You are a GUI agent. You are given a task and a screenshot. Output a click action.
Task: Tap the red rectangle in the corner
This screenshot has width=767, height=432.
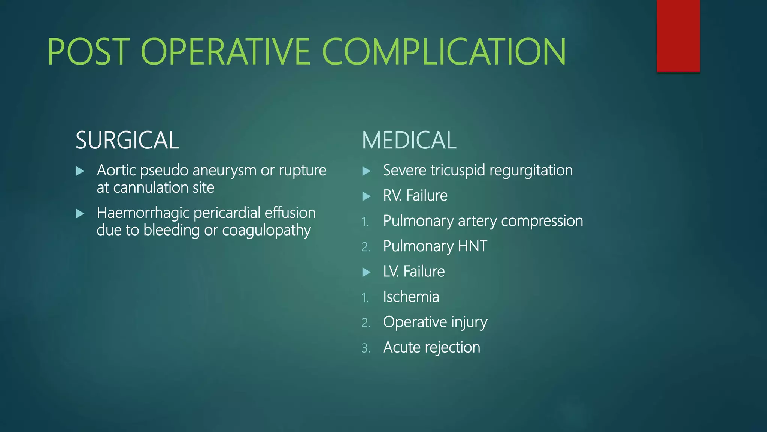pyautogui.click(x=678, y=36)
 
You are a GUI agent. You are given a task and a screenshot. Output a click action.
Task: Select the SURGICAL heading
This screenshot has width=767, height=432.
pyautogui.click(x=127, y=140)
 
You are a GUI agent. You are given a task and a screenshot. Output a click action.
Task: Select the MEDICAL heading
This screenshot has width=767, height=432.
pyautogui.click(x=409, y=140)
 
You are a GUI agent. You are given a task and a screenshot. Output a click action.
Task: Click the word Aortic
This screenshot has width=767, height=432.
pyautogui.click(x=116, y=171)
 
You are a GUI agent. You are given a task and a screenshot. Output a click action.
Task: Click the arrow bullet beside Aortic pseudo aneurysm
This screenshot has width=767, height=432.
pyautogui.click(x=80, y=171)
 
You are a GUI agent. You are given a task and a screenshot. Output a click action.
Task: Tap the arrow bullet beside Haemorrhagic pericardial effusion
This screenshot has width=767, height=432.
pyautogui.click(x=80, y=214)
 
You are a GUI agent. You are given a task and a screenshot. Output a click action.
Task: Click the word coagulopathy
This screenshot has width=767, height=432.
pyautogui.click(x=266, y=231)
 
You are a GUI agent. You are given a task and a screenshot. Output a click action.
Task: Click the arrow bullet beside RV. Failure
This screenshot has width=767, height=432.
pyautogui.click(x=367, y=196)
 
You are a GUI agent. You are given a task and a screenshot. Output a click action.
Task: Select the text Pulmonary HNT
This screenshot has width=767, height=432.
pyautogui.click(x=435, y=246)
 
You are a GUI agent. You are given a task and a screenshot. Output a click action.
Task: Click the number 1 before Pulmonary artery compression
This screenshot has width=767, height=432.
pyautogui.click(x=365, y=222)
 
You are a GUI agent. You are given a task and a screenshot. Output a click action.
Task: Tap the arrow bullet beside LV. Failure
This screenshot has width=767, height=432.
pyautogui.click(x=367, y=272)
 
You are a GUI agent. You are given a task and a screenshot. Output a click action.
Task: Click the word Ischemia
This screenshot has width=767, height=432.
pyautogui.click(x=411, y=297)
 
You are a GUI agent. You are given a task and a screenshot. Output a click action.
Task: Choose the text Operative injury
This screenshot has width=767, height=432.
pyautogui.click(x=435, y=322)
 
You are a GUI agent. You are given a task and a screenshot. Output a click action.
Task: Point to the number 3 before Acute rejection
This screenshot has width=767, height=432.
pyautogui.click(x=366, y=348)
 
